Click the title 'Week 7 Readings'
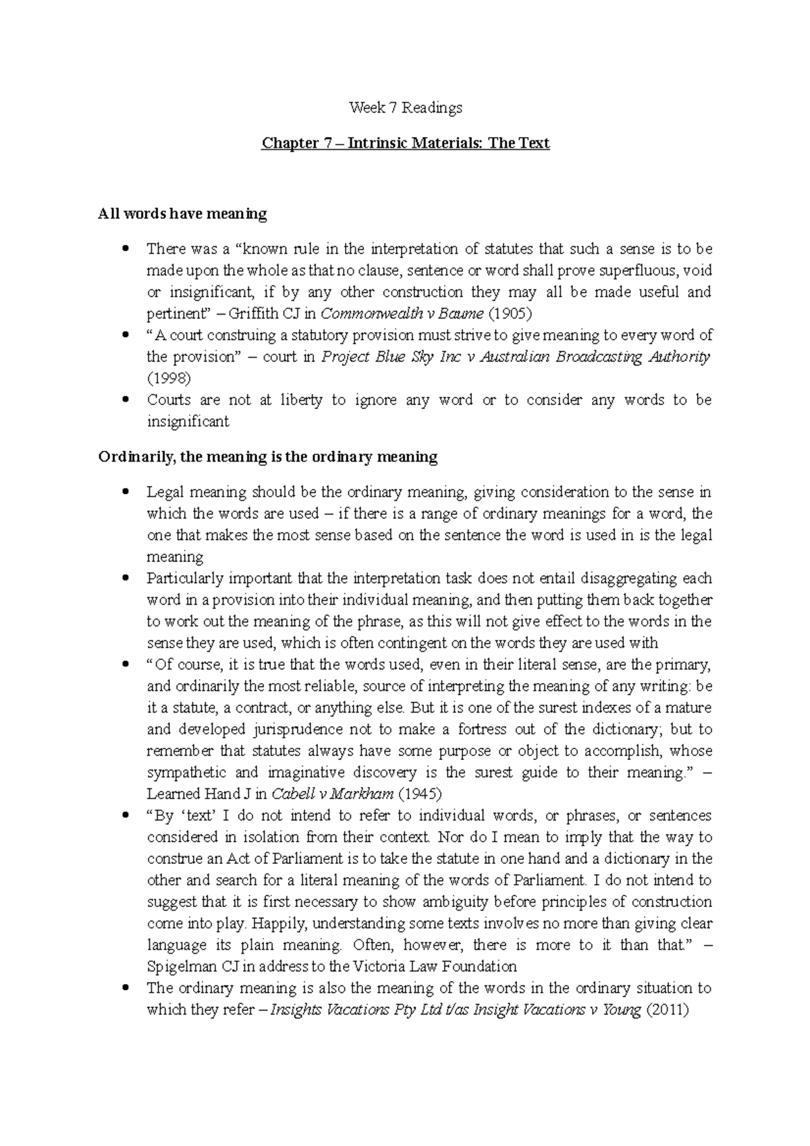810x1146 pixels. click(x=405, y=107)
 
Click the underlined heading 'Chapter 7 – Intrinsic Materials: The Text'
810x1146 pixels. click(x=405, y=143)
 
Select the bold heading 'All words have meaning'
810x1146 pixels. click(x=182, y=214)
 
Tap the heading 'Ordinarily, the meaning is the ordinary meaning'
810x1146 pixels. click(x=267, y=457)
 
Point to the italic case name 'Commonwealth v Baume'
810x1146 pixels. click(x=402, y=314)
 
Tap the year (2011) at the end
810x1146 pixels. click(x=668, y=1010)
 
